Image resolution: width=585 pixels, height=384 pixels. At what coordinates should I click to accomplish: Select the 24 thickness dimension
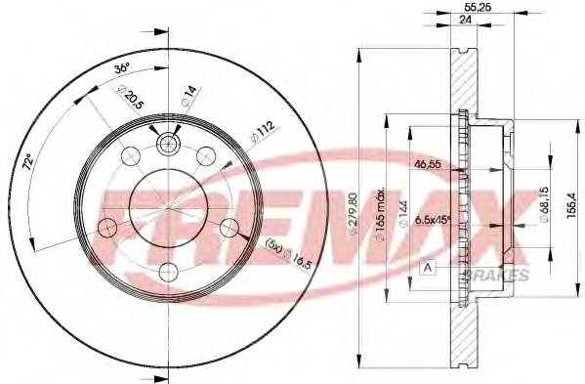point(453,19)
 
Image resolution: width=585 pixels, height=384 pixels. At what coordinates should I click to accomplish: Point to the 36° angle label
point(122,69)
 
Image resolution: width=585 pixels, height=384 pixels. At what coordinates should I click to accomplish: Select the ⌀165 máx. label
point(385,206)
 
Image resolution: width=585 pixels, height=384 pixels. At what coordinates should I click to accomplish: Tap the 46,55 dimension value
point(428,164)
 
